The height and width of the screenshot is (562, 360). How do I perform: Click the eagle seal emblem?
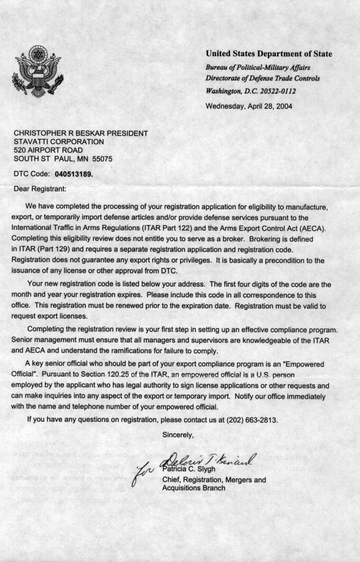38,71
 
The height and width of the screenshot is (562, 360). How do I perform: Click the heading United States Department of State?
269,54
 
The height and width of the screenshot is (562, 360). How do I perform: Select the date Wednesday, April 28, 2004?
249,106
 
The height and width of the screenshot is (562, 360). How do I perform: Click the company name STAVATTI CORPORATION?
59,141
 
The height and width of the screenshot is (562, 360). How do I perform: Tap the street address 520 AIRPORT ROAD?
48,150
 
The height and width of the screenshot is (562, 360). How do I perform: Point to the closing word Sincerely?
178,435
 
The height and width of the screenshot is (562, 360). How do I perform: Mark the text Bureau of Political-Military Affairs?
258,67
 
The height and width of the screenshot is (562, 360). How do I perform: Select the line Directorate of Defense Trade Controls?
262,79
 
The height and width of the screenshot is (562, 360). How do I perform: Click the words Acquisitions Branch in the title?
194,488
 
